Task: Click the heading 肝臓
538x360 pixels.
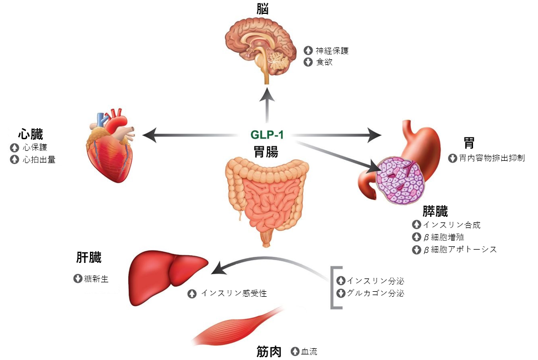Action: (x=89, y=258)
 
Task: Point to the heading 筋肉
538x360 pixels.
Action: (x=269, y=351)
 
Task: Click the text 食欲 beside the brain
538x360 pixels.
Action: (x=324, y=62)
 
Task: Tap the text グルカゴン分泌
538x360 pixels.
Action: (x=375, y=293)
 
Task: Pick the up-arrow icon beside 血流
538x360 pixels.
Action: (x=295, y=351)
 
